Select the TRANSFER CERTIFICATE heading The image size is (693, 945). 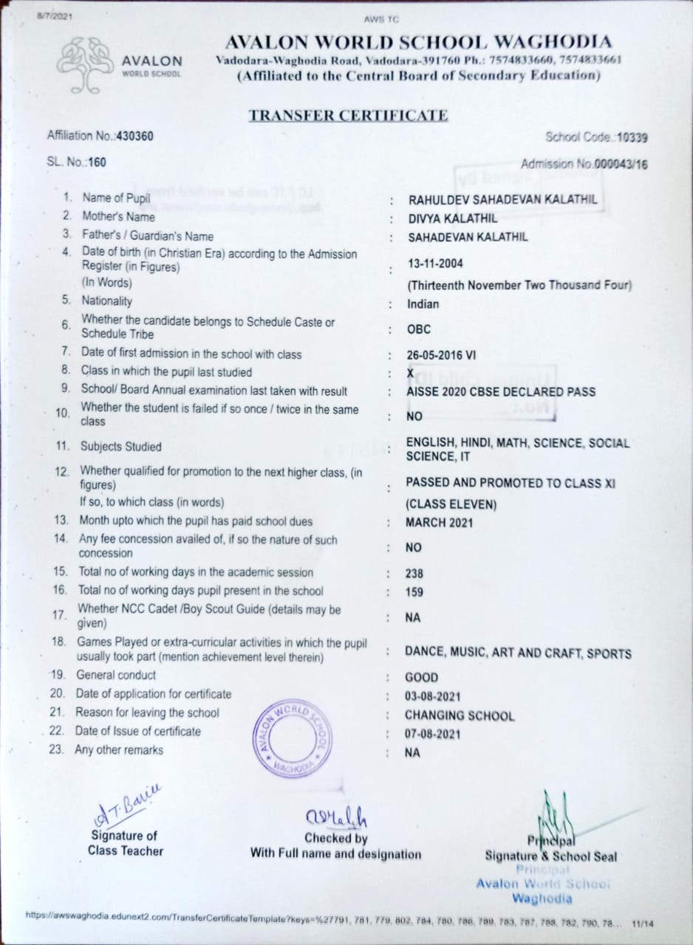tap(348, 115)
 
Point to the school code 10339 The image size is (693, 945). tap(632, 137)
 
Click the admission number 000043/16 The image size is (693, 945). tap(621, 165)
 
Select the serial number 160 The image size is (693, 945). tap(98, 162)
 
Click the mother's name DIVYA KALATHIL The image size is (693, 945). tap(452, 218)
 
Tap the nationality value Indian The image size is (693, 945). tap(423, 304)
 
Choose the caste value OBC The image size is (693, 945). tap(418, 329)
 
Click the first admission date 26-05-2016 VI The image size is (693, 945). tap(441, 355)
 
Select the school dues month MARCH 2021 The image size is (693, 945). tap(439, 523)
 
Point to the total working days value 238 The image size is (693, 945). tap(414, 573)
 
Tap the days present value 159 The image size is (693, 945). tap(414, 591)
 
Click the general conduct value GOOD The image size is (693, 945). tap(421, 677)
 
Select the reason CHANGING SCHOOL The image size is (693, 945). tap(459, 715)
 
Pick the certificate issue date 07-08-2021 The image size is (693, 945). tap(432, 734)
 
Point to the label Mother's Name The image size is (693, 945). tap(119, 217)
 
